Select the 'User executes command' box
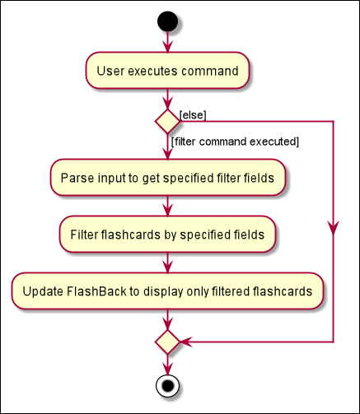(x=167, y=71)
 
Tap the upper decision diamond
(x=167, y=121)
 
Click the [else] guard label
(x=193, y=114)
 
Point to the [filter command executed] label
(x=234, y=142)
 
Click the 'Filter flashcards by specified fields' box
(x=167, y=235)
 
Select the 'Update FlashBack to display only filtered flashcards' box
(x=167, y=291)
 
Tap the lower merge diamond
(x=167, y=341)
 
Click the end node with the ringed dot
(x=167, y=384)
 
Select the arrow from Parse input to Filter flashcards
(x=167, y=207)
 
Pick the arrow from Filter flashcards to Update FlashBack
(x=167, y=263)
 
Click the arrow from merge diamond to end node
(x=167, y=365)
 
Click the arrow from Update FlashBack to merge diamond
(x=167, y=319)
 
